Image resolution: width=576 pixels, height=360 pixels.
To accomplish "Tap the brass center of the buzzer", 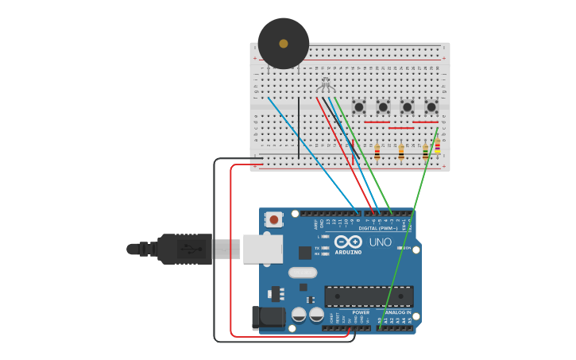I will pos(284,44).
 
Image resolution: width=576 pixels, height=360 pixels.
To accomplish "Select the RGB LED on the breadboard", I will pos(324,83).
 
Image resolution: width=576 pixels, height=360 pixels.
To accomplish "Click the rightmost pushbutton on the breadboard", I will pos(431,106).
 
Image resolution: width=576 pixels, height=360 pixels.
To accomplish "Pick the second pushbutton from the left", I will pos(383,106).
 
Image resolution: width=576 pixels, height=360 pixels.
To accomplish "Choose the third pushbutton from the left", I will pos(407,106).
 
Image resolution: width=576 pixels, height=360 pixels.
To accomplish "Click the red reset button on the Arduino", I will pos(274,219).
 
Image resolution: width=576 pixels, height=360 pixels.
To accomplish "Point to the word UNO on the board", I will pos(380,242).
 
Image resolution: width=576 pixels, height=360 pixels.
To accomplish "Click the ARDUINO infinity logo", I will pos(348,242).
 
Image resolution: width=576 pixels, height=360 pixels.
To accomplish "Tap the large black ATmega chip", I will pos(369,296).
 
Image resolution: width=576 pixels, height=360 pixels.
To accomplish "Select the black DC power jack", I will pos(269,318).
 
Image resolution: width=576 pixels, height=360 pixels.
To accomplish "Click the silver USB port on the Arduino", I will pos(262,249).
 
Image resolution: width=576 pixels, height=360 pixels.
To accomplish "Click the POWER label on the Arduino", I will pos(361,312).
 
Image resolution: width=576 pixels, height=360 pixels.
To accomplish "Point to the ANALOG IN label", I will pos(398,312).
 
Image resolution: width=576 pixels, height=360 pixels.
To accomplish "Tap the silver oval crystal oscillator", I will pos(303,273).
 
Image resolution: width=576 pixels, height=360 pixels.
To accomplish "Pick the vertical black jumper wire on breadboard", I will pos(299,127).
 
